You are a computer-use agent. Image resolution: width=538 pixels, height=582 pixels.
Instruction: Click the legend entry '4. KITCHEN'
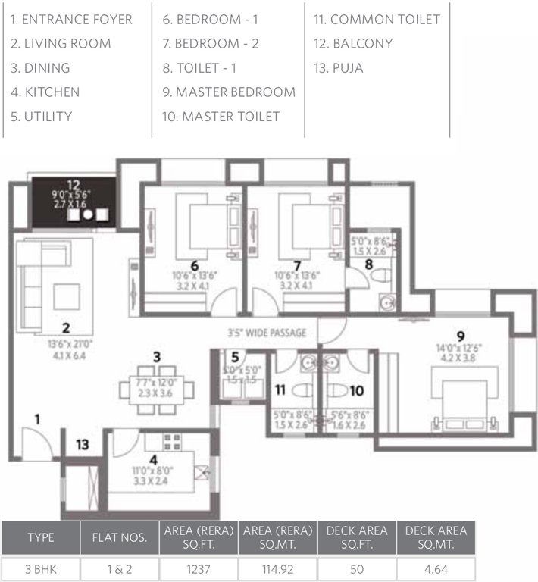[x=45, y=92]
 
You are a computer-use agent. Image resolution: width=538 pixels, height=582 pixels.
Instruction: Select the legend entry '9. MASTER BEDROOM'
[x=228, y=92]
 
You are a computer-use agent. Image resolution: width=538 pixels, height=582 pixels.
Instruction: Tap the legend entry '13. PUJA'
[x=338, y=68]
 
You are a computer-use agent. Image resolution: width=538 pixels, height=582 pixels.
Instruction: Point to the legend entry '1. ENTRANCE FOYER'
[x=71, y=20]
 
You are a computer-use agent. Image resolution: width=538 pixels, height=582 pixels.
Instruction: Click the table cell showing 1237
[x=198, y=568]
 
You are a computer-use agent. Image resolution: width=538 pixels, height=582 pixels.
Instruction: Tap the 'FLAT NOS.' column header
[x=119, y=538]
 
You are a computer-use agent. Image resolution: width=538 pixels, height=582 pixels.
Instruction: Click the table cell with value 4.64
[x=436, y=568]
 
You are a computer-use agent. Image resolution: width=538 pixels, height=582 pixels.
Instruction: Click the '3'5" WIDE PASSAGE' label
[x=267, y=332]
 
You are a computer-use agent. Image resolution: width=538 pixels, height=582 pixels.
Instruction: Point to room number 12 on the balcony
[x=73, y=184]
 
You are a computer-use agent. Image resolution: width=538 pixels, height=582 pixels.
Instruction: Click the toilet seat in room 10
[x=338, y=391]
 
